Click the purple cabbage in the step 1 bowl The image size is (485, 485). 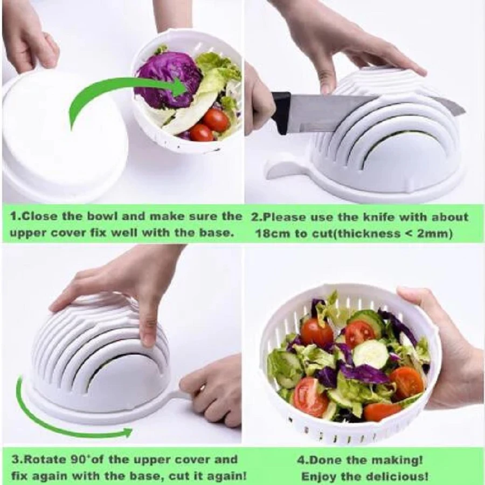169,80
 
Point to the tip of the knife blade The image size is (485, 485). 465,110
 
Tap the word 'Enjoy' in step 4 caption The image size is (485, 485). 317,475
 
